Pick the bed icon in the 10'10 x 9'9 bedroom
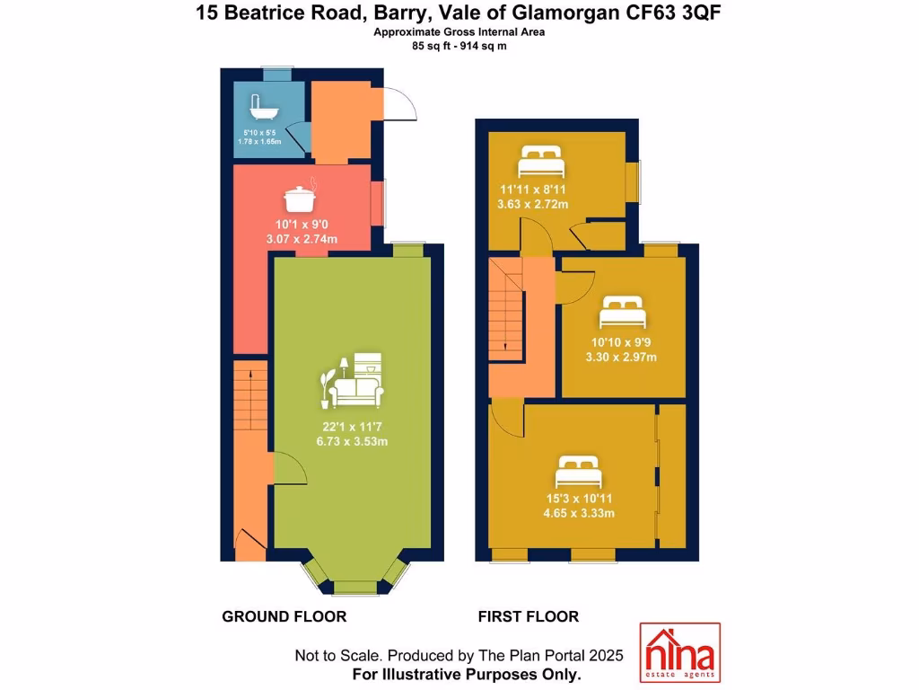(621, 313)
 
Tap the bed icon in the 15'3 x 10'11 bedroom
(578, 472)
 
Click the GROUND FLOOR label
(284, 616)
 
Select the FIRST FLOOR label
(528, 616)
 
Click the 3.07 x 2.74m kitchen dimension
(302, 239)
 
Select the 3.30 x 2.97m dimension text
(621, 358)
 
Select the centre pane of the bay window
(354, 588)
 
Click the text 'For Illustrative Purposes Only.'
(466, 673)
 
